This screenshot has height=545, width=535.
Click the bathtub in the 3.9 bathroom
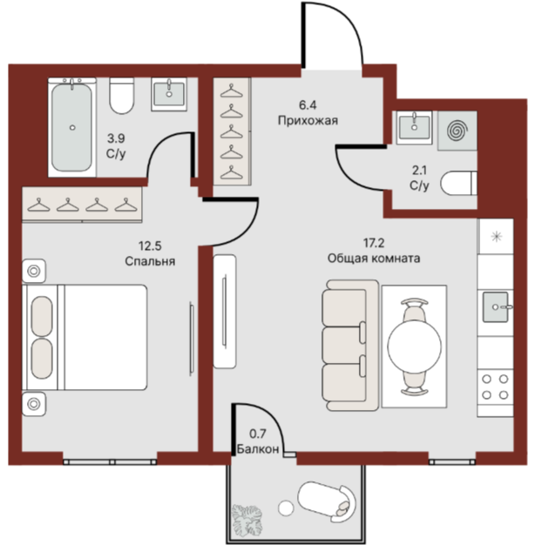pyautogui.click(x=72, y=127)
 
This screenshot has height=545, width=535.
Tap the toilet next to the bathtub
pyautogui.click(x=121, y=96)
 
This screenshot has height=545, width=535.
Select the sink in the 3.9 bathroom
pyautogui.click(x=169, y=94)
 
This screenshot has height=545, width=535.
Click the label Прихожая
pyautogui.click(x=308, y=121)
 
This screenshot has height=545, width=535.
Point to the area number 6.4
pyautogui.click(x=308, y=104)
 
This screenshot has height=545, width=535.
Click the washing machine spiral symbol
pyautogui.click(x=457, y=131)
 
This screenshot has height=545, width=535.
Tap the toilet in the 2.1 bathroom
pyautogui.click(x=458, y=183)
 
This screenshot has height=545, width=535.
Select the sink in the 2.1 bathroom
pyautogui.click(x=414, y=127)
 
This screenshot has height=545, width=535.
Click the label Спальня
pyautogui.click(x=150, y=261)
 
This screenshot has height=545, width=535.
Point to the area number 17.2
pyautogui.click(x=374, y=243)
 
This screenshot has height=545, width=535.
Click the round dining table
pyautogui.click(x=414, y=347)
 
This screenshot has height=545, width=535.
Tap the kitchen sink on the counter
pyautogui.click(x=497, y=307)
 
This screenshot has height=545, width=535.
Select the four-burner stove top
pyautogui.click(x=495, y=387)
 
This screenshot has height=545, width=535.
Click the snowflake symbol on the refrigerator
pyautogui.click(x=496, y=237)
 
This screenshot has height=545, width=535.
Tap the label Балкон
pyautogui.click(x=258, y=449)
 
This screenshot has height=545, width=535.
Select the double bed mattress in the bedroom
pyautogui.click(x=105, y=337)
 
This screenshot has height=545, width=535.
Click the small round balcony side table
pyautogui.click(x=286, y=508)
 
